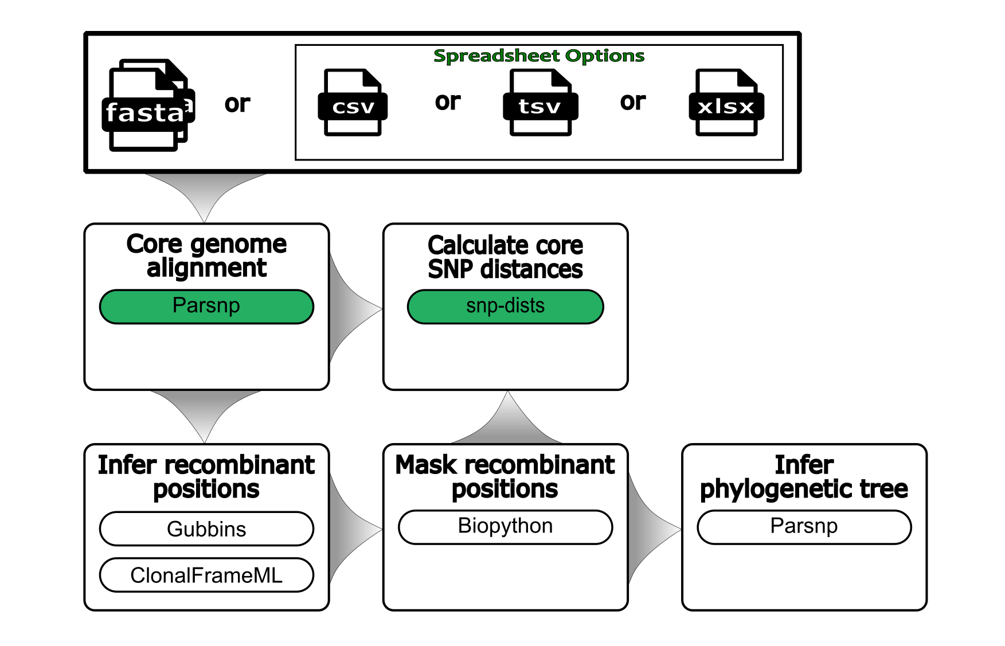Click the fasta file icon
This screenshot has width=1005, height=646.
tap(148, 106)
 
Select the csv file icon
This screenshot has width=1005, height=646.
tap(353, 103)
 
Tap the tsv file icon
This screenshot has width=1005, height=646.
tap(540, 103)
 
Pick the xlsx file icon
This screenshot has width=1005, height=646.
tap(726, 103)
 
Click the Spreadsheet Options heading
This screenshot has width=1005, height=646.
tap(538, 56)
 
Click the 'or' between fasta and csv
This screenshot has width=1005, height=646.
tap(237, 104)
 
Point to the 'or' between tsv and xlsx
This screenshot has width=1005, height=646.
tap(632, 102)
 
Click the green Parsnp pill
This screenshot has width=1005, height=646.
tap(206, 306)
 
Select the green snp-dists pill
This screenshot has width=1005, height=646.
tap(505, 306)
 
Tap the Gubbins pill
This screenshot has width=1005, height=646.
tap(206, 528)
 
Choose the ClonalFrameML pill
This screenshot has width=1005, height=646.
tap(206, 575)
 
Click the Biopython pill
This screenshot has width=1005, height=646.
tap(505, 526)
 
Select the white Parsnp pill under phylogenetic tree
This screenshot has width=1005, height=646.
tap(804, 526)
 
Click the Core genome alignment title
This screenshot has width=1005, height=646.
tap(206, 256)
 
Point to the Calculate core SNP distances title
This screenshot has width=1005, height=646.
tap(505, 257)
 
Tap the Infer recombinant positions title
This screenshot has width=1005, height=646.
tap(206, 476)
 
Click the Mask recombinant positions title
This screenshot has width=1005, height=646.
tap(505, 476)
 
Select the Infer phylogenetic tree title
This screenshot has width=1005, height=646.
tap(804, 476)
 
